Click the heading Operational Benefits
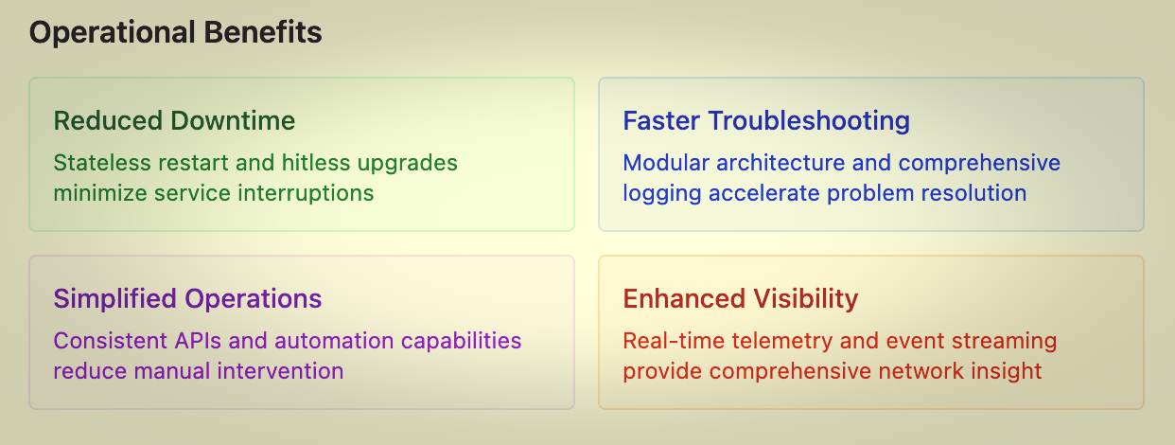[175, 32]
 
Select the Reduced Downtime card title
[174, 120]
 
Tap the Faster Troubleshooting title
[766, 122]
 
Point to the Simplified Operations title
[187, 299]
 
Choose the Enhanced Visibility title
[740, 299]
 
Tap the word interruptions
[306, 194]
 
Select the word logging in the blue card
[662, 194]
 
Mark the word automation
[334, 341]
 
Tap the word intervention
[281, 371]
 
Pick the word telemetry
[782, 342]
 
